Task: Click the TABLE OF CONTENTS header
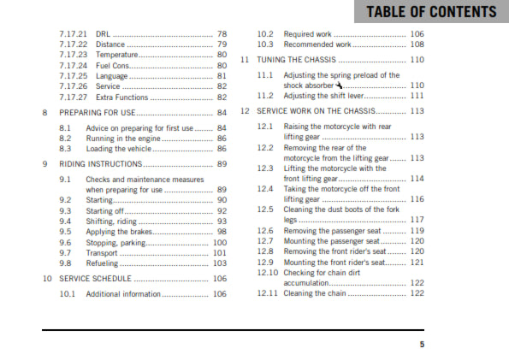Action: [x=431, y=12]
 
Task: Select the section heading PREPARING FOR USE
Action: [x=96, y=112]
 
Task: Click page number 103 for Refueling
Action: [x=220, y=263]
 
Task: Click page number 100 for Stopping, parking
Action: [x=220, y=242]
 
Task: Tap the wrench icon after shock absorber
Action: [x=339, y=86]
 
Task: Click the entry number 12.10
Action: [x=267, y=272]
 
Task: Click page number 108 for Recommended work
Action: [x=417, y=44]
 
